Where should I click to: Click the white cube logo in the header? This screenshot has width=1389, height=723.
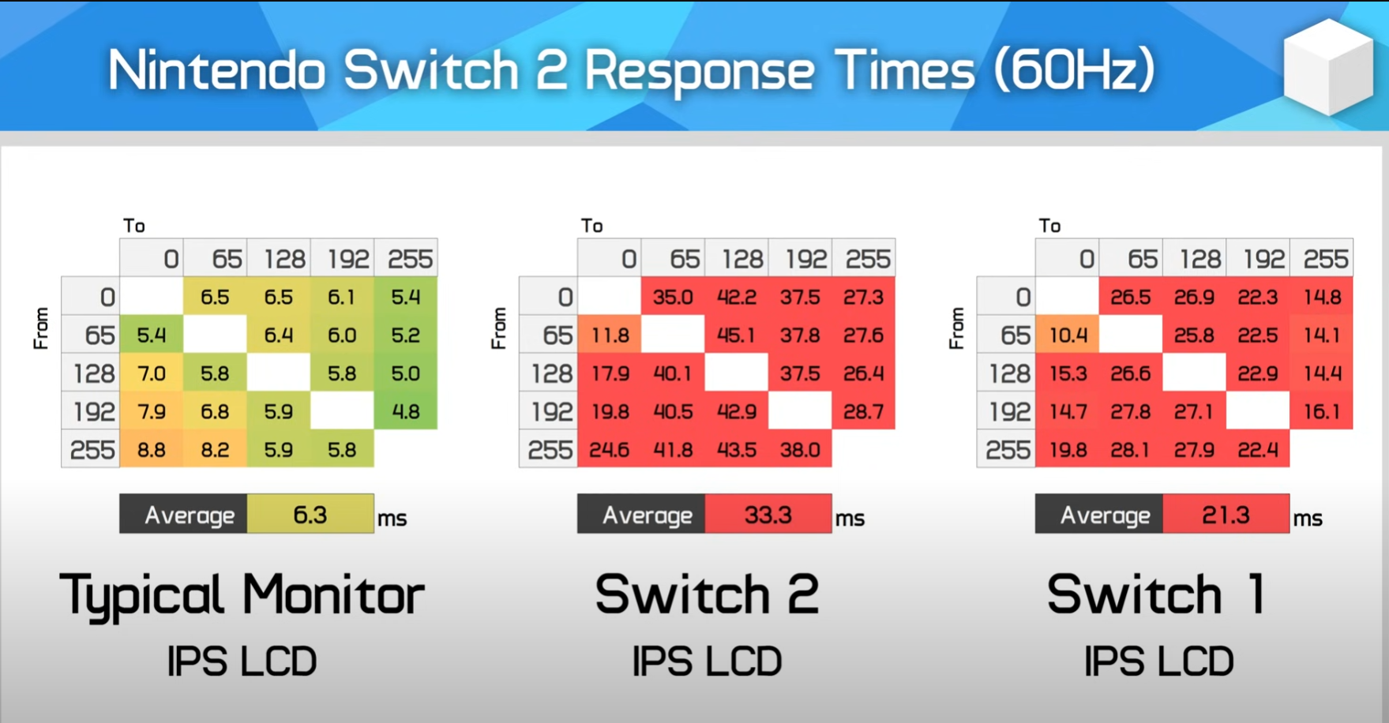click(x=1329, y=67)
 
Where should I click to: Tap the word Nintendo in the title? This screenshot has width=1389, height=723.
click(x=216, y=70)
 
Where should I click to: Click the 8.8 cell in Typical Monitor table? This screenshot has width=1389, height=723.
click(x=152, y=450)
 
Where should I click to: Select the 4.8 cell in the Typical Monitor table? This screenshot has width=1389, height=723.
click(x=406, y=411)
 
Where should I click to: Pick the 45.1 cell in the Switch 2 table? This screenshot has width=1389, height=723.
click(x=736, y=335)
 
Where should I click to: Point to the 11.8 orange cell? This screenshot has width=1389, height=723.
click(x=610, y=335)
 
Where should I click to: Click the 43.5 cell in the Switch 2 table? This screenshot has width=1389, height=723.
click(x=736, y=450)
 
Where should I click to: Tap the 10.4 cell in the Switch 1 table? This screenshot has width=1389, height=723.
click(x=1068, y=335)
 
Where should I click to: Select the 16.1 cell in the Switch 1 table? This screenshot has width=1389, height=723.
click(x=1322, y=411)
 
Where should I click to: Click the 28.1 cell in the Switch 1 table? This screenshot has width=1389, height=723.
click(x=1131, y=450)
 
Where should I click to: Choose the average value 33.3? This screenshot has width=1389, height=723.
click(x=768, y=515)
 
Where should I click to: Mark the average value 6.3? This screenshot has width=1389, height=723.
click(x=310, y=515)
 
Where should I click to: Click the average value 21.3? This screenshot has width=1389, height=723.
click(x=1226, y=515)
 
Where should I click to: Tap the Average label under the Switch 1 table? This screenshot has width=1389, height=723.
click(x=1105, y=515)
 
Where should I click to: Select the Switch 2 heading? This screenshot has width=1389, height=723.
click(x=708, y=594)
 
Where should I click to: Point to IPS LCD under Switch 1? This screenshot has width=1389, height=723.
click(x=1158, y=661)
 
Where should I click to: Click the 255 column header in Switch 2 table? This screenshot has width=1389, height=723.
click(x=868, y=259)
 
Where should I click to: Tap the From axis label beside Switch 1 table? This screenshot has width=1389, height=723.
click(x=957, y=328)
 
